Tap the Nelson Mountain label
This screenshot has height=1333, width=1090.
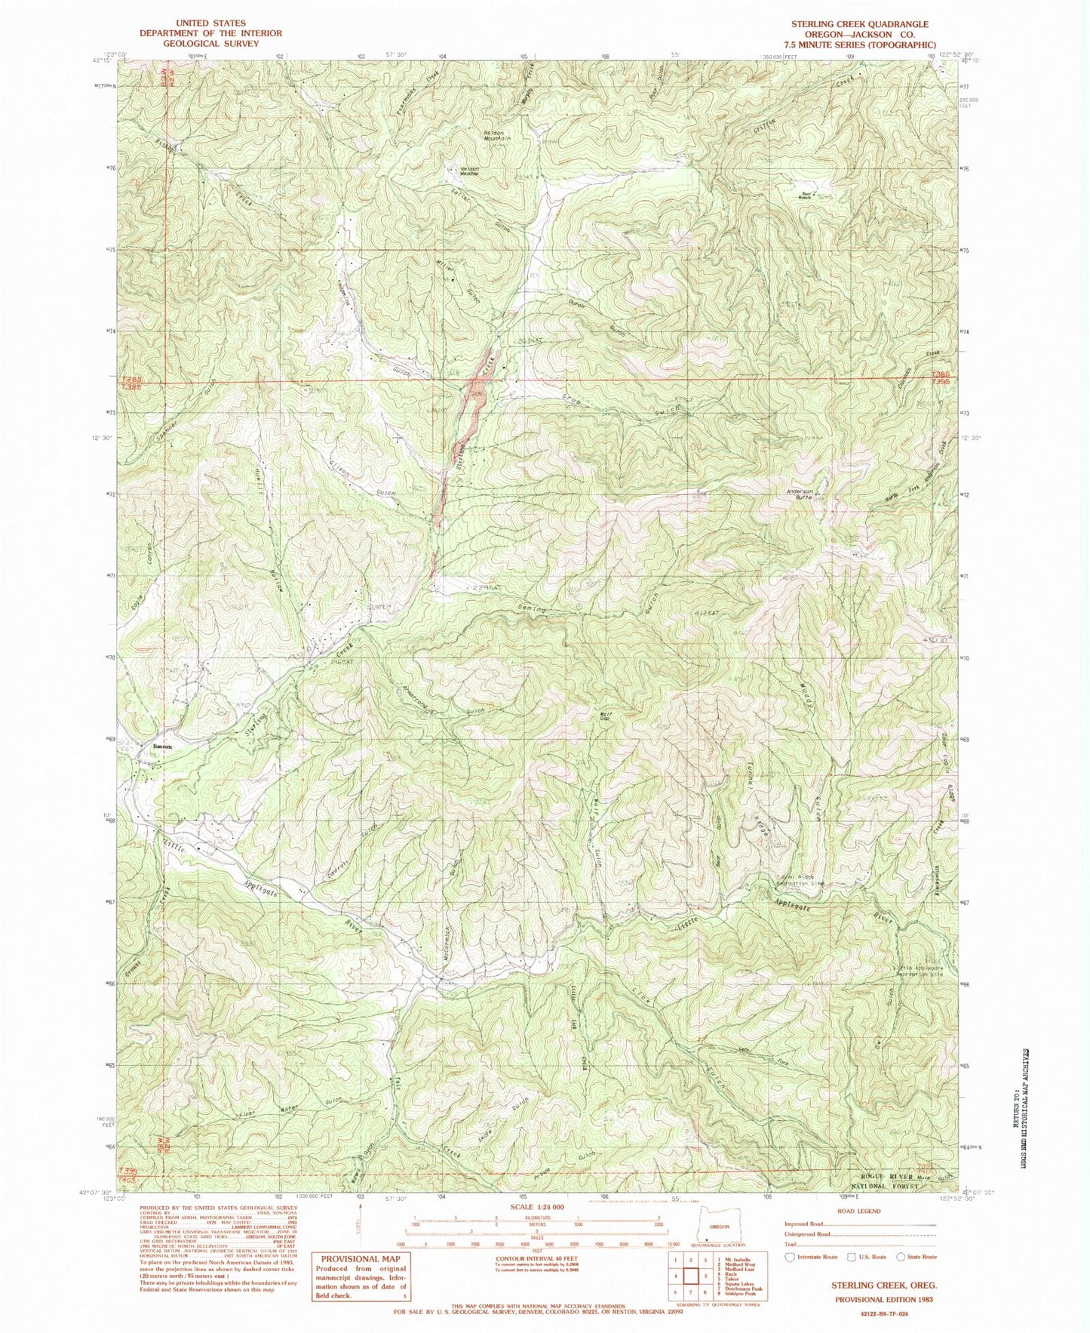(x=497, y=137)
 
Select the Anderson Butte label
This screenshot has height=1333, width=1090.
(x=801, y=497)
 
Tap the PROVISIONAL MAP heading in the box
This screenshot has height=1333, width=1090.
(x=360, y=1258)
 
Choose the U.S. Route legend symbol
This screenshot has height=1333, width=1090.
(x=846, y=1257)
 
